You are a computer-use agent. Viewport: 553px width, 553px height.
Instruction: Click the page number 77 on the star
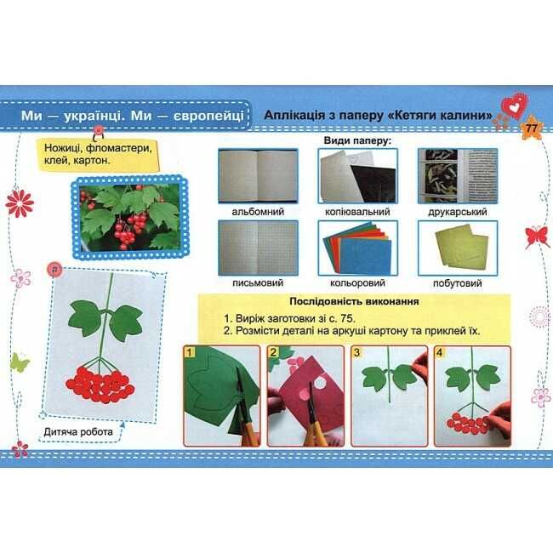pyautogui.click(x=531, y=128)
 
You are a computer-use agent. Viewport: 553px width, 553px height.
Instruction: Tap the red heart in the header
pyautogui.click(x=516, y=105)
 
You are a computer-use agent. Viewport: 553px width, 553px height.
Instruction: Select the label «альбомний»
pyautogui.click(x=258, y=212)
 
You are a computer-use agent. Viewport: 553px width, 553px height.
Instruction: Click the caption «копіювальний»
pyautogui.click(x=357, y=212)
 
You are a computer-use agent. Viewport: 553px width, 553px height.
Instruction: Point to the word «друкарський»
pyautogui.click(x=458, y=212)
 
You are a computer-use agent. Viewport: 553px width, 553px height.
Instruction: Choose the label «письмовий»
pyautogui.click(x=258, y=282)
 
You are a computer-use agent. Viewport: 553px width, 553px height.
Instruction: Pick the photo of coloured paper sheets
pyautogui.click(x=357, y=248)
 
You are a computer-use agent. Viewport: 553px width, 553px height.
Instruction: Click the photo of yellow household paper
pyautogui.click(x=458, y=248)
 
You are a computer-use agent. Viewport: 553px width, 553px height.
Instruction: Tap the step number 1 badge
pyautogui.click(x=190, y=352)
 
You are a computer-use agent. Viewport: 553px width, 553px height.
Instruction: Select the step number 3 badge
pyautogui.click(x=357, y=352)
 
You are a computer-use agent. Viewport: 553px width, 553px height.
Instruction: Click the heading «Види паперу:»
pyautogui.click(x=357, y=140)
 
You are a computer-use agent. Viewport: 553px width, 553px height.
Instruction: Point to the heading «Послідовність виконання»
pyautogui.click(x=354, y=301)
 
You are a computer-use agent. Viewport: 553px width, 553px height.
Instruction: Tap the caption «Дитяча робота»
pyautogui.click(x=78, y=431)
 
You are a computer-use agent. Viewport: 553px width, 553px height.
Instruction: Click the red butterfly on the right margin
pyautogui.click(x=537, y=237)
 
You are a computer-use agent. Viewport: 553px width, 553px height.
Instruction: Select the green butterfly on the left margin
pyautogui.click(x=20, y=362)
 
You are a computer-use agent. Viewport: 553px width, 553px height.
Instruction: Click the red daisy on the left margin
pyautogui.click(x=20, y=203)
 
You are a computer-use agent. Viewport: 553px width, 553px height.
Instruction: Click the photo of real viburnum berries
pyautogui.click(x=130, y=217)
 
